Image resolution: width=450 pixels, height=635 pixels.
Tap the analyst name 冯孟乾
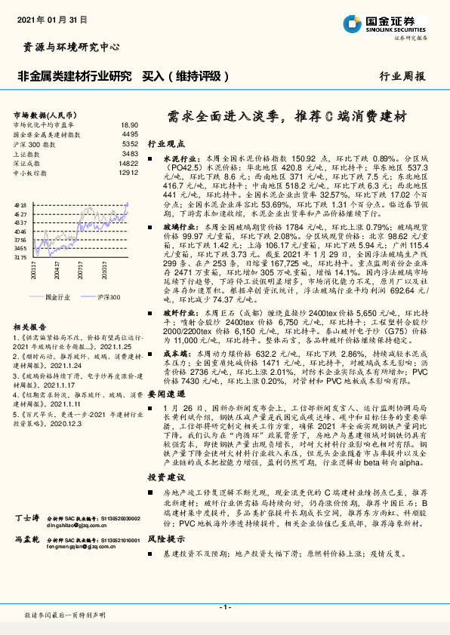click(27, 541)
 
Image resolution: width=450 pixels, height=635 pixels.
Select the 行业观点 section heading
click(165, 142)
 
